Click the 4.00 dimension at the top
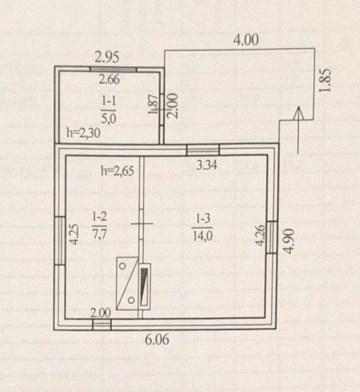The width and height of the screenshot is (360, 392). (246, 40)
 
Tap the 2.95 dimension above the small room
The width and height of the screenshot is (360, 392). (107, 57)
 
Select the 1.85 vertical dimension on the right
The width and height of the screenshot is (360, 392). (325, 80)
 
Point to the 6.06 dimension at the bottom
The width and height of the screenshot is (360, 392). (157, 340)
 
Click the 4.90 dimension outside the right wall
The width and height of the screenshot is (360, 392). (289, 241)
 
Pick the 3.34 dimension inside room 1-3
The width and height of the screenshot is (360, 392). (207, 165)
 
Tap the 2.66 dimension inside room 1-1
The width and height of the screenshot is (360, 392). (109, 80)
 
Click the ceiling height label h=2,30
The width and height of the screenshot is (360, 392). (83, 133)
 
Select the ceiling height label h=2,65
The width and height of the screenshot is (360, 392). (118, 172)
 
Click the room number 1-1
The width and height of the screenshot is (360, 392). (109, 101)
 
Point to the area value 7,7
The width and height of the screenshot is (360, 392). (100, 234)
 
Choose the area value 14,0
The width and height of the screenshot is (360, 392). (202, 235)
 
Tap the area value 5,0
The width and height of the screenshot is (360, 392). (109, 118)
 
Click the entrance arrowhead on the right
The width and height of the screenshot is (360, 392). (298, 113)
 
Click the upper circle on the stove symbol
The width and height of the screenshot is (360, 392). (123, 266)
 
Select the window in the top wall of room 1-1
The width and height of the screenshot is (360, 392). (113, 69)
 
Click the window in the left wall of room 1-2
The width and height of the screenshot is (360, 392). (60, 241)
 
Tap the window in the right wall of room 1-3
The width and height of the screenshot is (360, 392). (272, 237)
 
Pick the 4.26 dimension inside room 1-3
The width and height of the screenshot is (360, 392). (260, 235)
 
